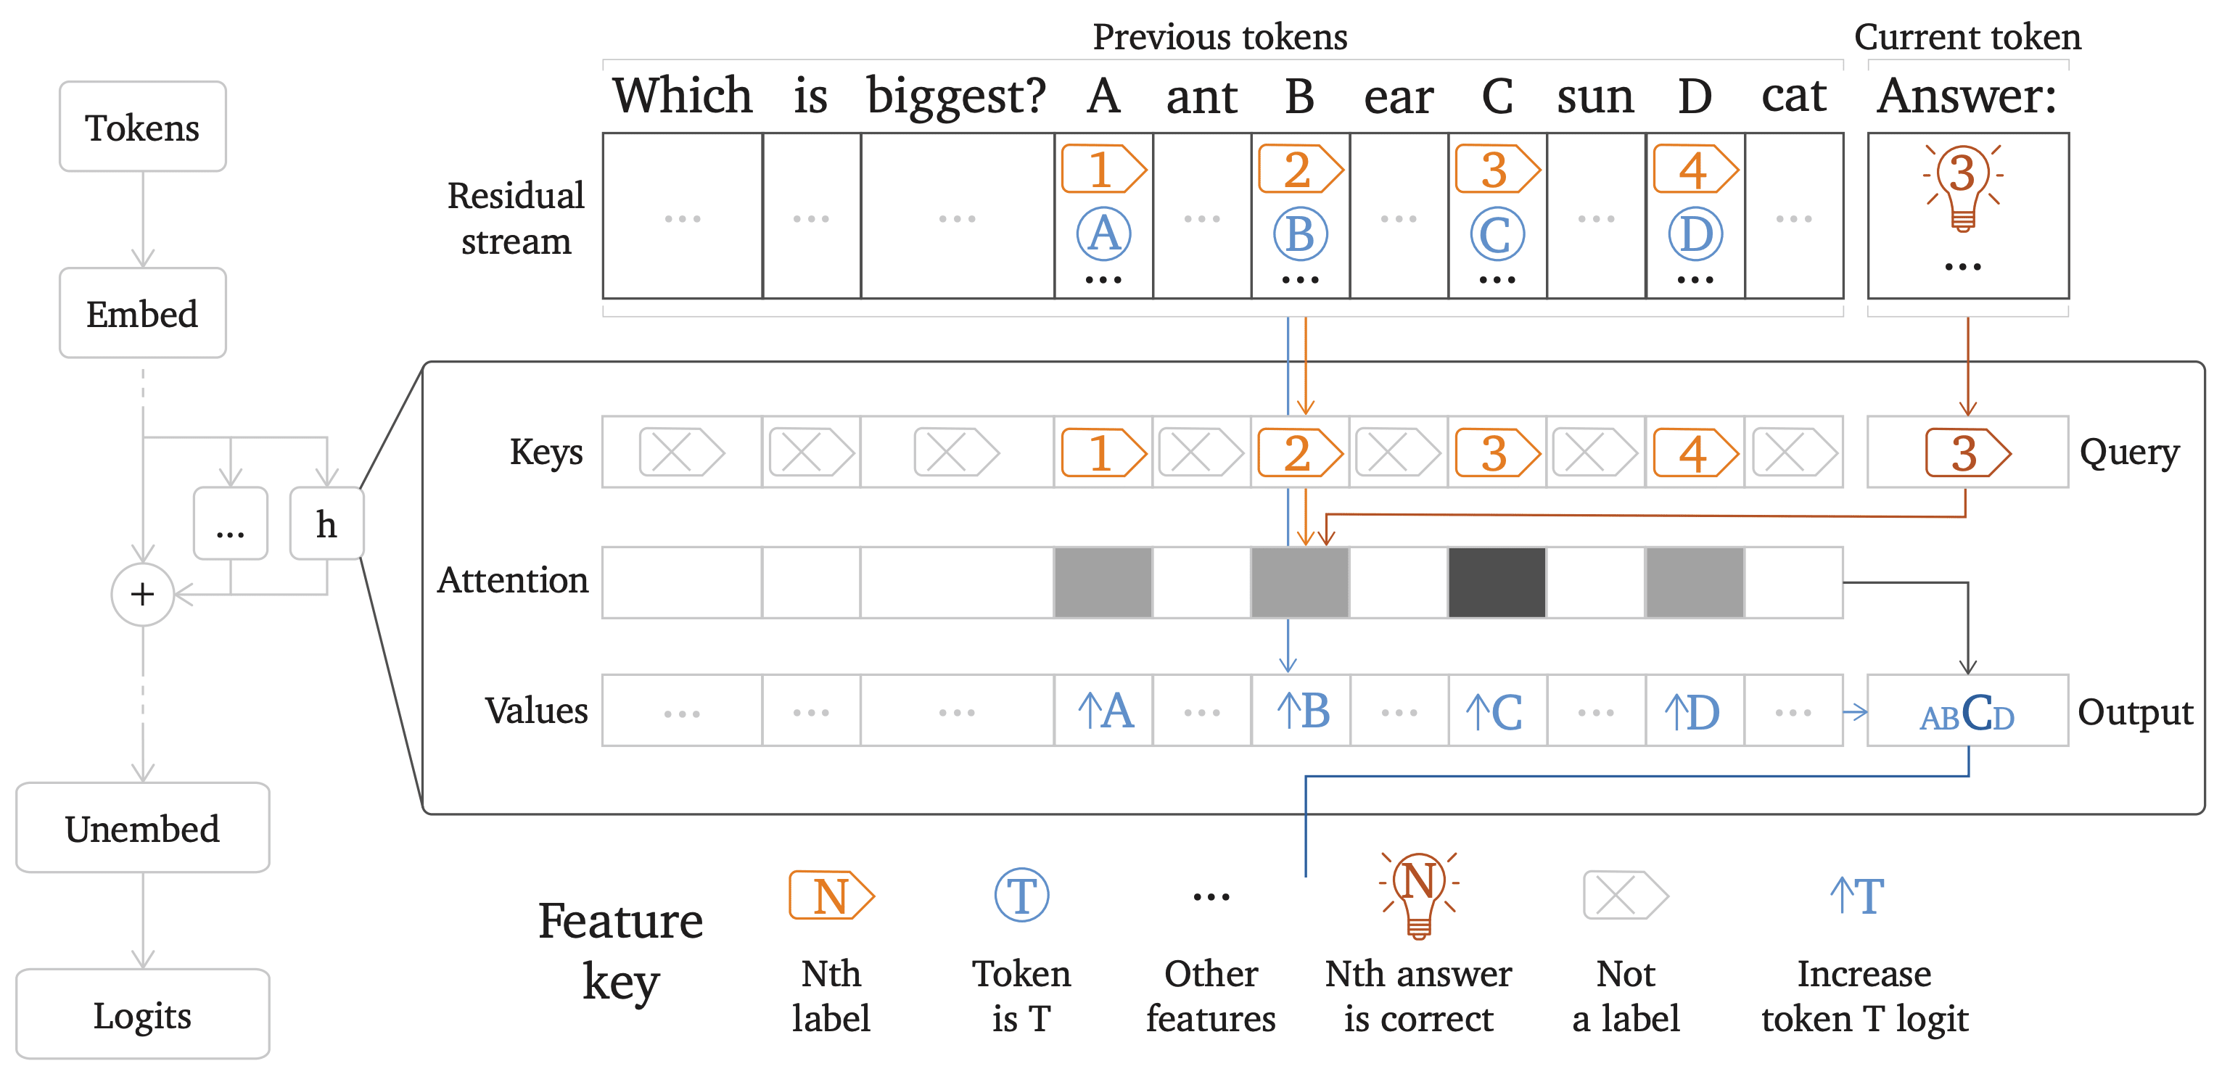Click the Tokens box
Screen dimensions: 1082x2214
pyautogui.click(x=143, y=127)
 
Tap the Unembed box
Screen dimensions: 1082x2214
pyautogui.click(x=143, y=828)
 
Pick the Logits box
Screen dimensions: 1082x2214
pyautogui.click(x=143, y=1015)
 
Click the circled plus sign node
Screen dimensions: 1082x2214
pyautogui.click(x=143, y=594)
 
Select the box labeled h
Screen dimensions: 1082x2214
pyautogui.click(x=326, y=524)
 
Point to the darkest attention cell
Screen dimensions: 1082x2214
pyautogui.click(x=1497, y=582)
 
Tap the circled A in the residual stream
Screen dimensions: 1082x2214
pyautogui.click(x=1103, y=234)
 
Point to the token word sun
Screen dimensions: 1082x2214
pyautogui.click(x=1595, y=96)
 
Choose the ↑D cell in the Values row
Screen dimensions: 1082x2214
pyautogui.click(x=1693, y=711)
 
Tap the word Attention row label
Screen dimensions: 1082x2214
pyautogui.click(x=513, y=581)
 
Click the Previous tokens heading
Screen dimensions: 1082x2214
pyautogui.click(x=1219, y=37)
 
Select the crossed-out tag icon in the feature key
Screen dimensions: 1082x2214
pyautogui.click(x=1624, y=896)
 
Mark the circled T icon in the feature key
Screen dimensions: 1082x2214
pyautogui.click(x=1022, y=896)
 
